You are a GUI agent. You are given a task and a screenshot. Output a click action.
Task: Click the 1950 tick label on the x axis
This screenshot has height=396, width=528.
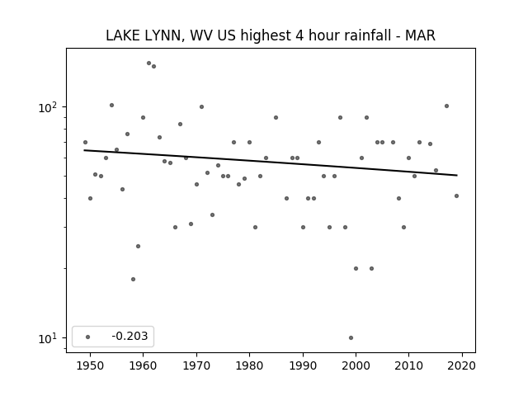click(90, 365)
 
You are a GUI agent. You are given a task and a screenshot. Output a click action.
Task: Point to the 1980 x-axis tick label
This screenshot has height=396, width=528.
click(249, 365)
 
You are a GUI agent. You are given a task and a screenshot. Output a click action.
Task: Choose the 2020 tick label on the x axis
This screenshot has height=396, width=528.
click(462, 365)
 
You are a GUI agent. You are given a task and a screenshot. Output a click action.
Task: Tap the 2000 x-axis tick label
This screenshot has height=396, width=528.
click(356, 365)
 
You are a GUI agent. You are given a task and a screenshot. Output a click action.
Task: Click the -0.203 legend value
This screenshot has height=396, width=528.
click(130, 336)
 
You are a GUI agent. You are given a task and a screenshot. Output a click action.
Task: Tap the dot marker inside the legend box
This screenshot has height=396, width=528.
click(88, 337)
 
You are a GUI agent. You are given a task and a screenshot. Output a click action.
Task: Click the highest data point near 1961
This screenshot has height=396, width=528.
click(148, 63)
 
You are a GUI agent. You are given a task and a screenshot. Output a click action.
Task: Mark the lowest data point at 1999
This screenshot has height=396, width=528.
click(351, 337)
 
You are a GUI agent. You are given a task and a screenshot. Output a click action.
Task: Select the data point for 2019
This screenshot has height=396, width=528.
click(456, 196)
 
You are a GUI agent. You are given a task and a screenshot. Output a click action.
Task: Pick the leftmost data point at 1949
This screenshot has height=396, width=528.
click(85, 143)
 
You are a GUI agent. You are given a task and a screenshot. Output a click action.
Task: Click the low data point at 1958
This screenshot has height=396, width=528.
click(133, 279)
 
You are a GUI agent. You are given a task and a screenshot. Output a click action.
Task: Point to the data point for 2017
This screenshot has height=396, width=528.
click(446, 106)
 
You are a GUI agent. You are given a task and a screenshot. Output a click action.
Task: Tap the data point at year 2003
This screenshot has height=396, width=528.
click(372, 268)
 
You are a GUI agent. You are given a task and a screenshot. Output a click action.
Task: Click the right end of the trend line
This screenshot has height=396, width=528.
click(457, 175)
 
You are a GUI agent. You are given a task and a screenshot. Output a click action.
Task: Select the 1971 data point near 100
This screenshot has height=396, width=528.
click(201, 106)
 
